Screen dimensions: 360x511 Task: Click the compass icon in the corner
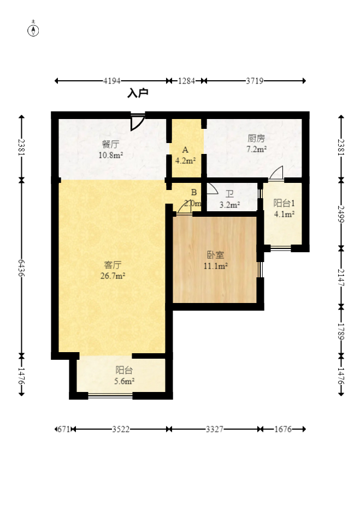click(x=33, y=29)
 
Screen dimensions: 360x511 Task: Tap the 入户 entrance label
click(x=138, y=93)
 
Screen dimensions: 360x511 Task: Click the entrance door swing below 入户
click(x=137, y=122)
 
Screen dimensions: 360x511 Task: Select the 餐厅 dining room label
click(x=110, y=144)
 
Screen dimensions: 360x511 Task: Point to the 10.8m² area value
click(x=110, y=155)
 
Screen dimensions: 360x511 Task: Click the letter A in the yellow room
click(x=185, y=150)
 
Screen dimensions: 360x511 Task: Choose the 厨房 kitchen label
click(x=256, y=139)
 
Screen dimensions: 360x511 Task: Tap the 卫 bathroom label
click(x=229, y=194)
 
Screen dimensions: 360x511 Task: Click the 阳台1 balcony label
click(x=284, y=203)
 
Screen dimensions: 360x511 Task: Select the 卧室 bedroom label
click(x=216, y=255)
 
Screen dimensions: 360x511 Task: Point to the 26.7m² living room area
click(x=113, y=276)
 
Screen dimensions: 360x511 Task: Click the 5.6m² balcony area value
click(x=124, y=381)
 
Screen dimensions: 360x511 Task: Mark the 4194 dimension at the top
click(x=112, y=81)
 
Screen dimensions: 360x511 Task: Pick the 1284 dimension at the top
click(x=186, y=81)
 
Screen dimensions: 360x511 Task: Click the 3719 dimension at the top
click(x=255, y=81)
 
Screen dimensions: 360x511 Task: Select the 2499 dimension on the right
click(x=341, y=214)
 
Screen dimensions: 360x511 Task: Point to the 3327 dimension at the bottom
click(x=215, y=429)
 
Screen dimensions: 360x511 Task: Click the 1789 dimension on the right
click(x=341, y=331)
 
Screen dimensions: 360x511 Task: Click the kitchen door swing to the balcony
click(x=276, y=173)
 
